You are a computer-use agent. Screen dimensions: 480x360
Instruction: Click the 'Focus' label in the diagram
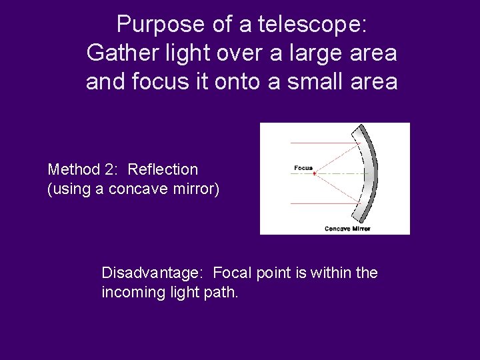303,168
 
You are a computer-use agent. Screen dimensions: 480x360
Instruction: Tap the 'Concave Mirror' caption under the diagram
347,229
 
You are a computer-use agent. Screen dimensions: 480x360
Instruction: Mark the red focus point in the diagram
315,173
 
